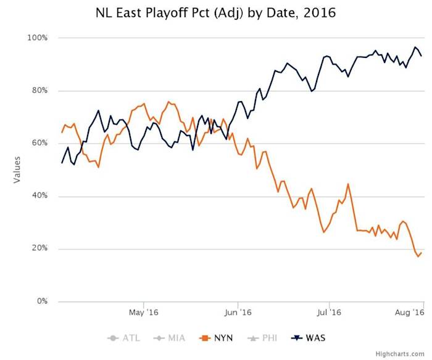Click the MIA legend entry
tap(170, 337)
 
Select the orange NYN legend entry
tap(215, 337)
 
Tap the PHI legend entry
tap(261, 337)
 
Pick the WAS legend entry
tap(308, 337)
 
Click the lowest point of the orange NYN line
tap(418, 256)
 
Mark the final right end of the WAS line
tap(422, 56)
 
